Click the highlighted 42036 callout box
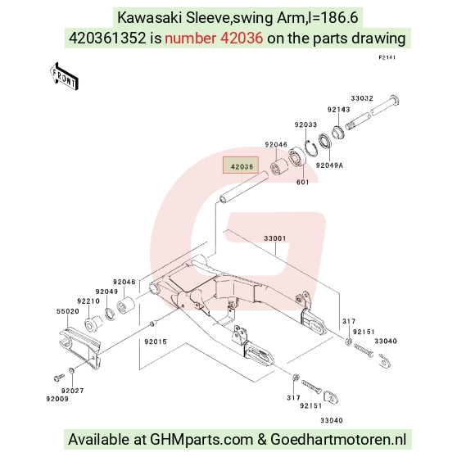click(241, 165)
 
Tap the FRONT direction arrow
click(64, 77)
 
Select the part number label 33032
click(362, 98)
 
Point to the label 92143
click(338, 110)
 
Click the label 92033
click(305, 124)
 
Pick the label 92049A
click(329, 165)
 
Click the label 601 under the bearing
click(302, 182)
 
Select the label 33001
click(274, 238)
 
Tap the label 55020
click(68, 311)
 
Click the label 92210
click(88, 301)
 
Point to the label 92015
click(156, 342)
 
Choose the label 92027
click(72, 391)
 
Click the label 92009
click(57, 399)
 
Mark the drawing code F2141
click(387, 57)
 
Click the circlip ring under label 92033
click(311, 148)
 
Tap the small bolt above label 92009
click(59, 378)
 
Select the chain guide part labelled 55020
click(80, 348)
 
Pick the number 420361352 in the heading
click(107, 38)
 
